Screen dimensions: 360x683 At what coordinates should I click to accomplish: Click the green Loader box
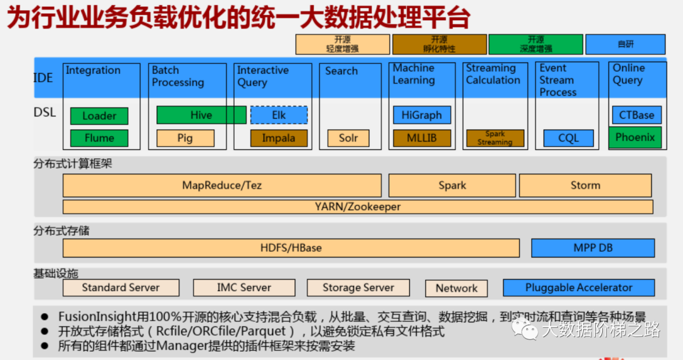[99, 116]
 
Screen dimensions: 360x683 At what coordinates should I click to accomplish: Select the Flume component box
[99, 138]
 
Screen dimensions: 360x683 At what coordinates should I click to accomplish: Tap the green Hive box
[201, 115]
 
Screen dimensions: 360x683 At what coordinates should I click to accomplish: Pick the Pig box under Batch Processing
[185, 138]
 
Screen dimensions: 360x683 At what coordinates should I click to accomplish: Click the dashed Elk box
[279, 115]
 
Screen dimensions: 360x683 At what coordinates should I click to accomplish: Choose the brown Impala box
[279, 138]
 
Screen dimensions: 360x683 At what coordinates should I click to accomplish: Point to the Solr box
[348, 138]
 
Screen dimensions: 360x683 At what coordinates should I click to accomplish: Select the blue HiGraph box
[422, 115]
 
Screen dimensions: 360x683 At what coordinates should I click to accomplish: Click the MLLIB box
[422, 138]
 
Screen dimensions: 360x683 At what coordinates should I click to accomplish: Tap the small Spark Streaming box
[495, 138]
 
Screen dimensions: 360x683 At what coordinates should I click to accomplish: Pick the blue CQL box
[568, 138]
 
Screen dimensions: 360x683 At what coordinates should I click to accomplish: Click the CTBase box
[636, 115]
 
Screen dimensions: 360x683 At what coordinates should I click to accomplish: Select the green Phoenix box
[635, 137]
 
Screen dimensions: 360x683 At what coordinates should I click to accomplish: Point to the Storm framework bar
[585, 185]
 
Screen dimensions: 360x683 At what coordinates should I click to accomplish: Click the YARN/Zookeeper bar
[357, 207]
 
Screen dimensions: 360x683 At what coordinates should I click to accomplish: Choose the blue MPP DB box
[593, 248]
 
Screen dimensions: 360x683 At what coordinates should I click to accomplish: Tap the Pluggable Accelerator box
[579, 288]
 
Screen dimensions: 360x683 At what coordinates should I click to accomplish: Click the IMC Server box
[243, 288]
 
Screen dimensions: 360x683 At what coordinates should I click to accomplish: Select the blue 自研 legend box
[625, 44]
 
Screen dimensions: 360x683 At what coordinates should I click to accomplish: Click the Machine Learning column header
[414, 74]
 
